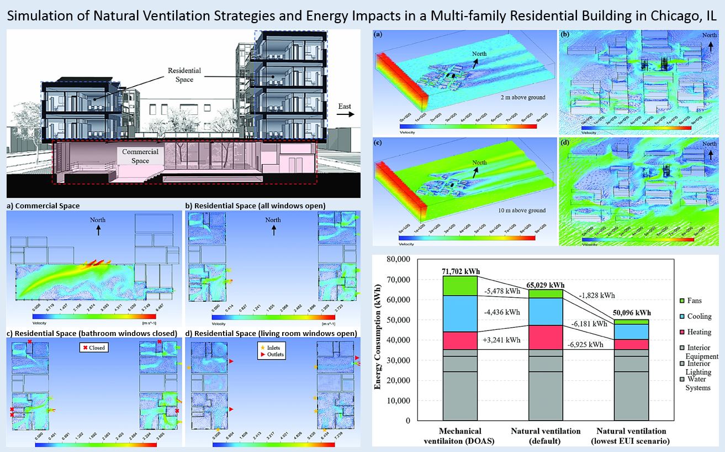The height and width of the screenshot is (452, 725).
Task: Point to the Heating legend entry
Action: [x=698, y=332]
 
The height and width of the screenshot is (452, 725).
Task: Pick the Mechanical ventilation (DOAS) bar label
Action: [x=460, y=435]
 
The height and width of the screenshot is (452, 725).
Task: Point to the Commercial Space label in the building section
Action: [x=141, y=156]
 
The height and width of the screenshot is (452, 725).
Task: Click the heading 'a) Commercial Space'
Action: [x=43, y=206]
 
